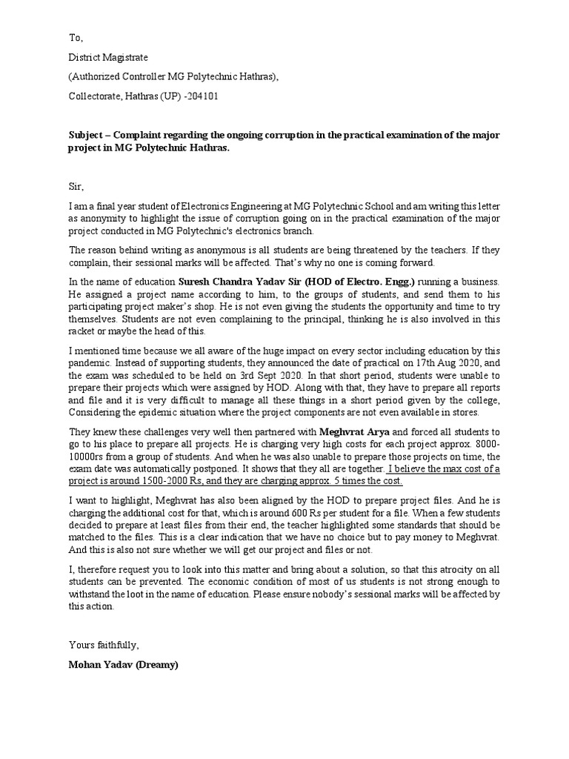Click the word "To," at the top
click(x=76, y=38)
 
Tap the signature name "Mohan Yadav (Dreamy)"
click(x=123, y=664)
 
